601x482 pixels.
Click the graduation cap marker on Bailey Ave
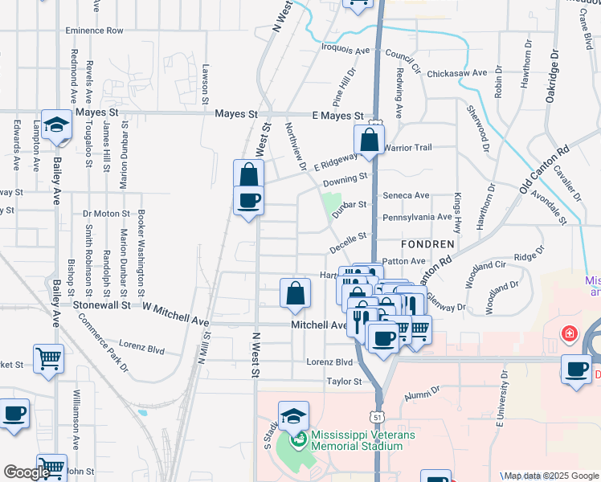tap(56, 125)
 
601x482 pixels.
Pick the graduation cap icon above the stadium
tap(293, 416)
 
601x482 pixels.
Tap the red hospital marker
tap(569, 332)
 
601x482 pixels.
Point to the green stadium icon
tap(299, 439)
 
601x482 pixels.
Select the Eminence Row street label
tap(95, 31)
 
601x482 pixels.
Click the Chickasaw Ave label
tap(456, 73)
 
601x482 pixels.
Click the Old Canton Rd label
tap(544, 170)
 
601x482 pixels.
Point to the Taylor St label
tap(344, 382)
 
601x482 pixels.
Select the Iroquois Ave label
tap(346, 49)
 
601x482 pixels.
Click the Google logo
tap(27, 472)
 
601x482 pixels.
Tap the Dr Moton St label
tap(107, 214)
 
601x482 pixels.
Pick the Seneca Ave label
tap(406, 195)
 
